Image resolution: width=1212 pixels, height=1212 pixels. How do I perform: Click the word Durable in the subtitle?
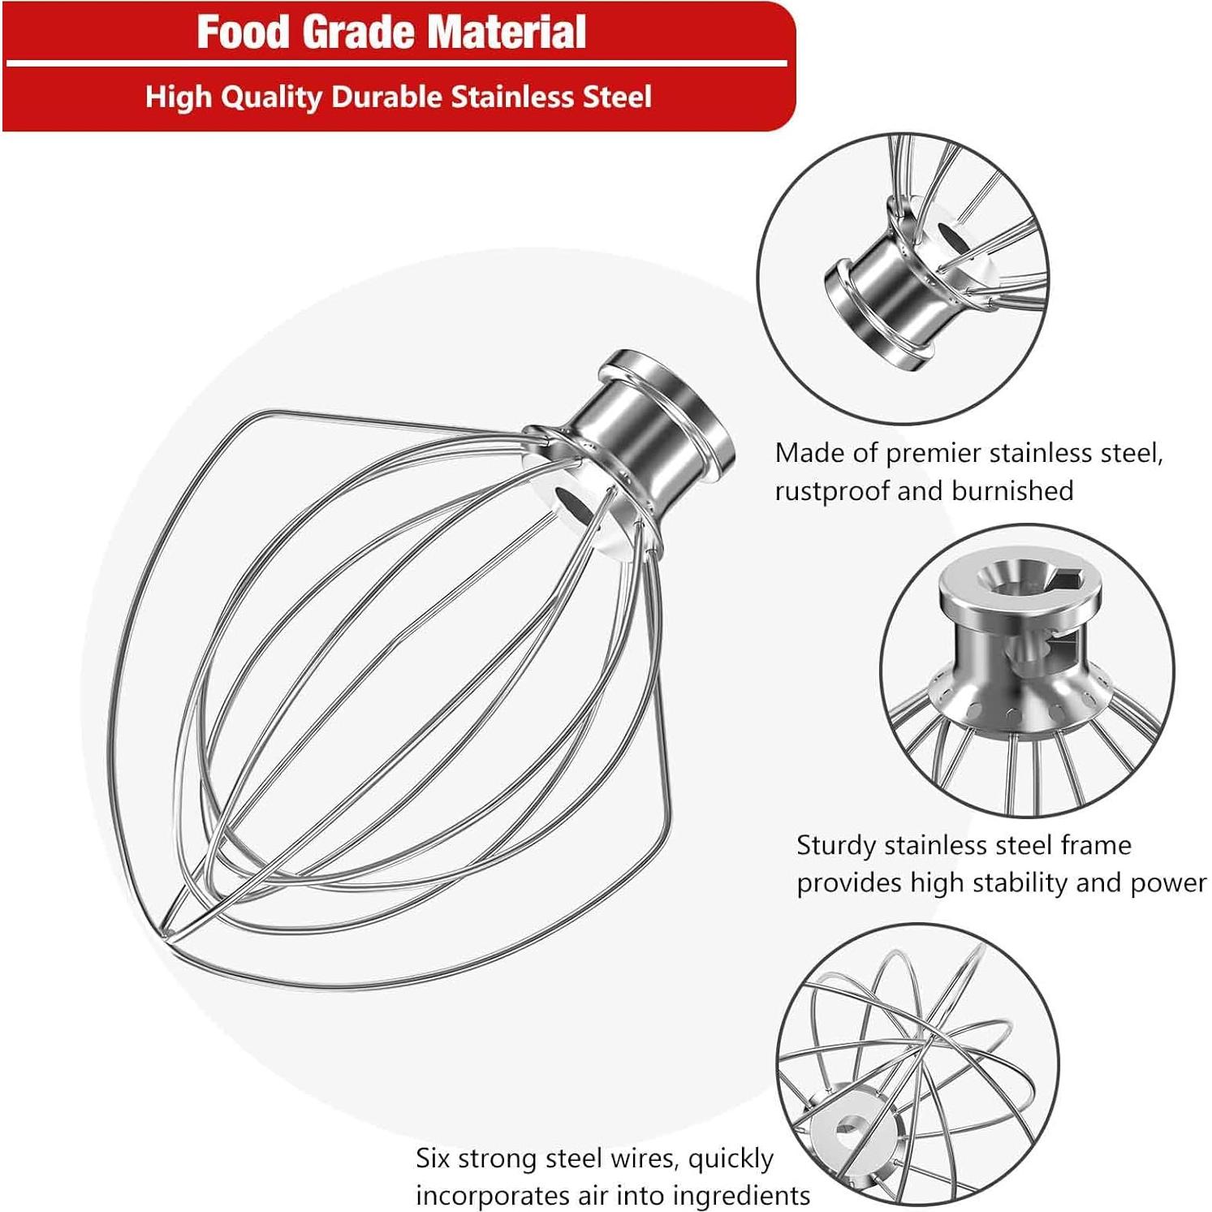pyautogui.click(x=387, y=97)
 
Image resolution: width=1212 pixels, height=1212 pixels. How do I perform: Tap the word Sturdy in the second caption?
pyautogui.click(x=836, y=846)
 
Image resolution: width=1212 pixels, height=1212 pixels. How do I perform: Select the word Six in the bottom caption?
pyautogui.click(x=433, y=1158)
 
